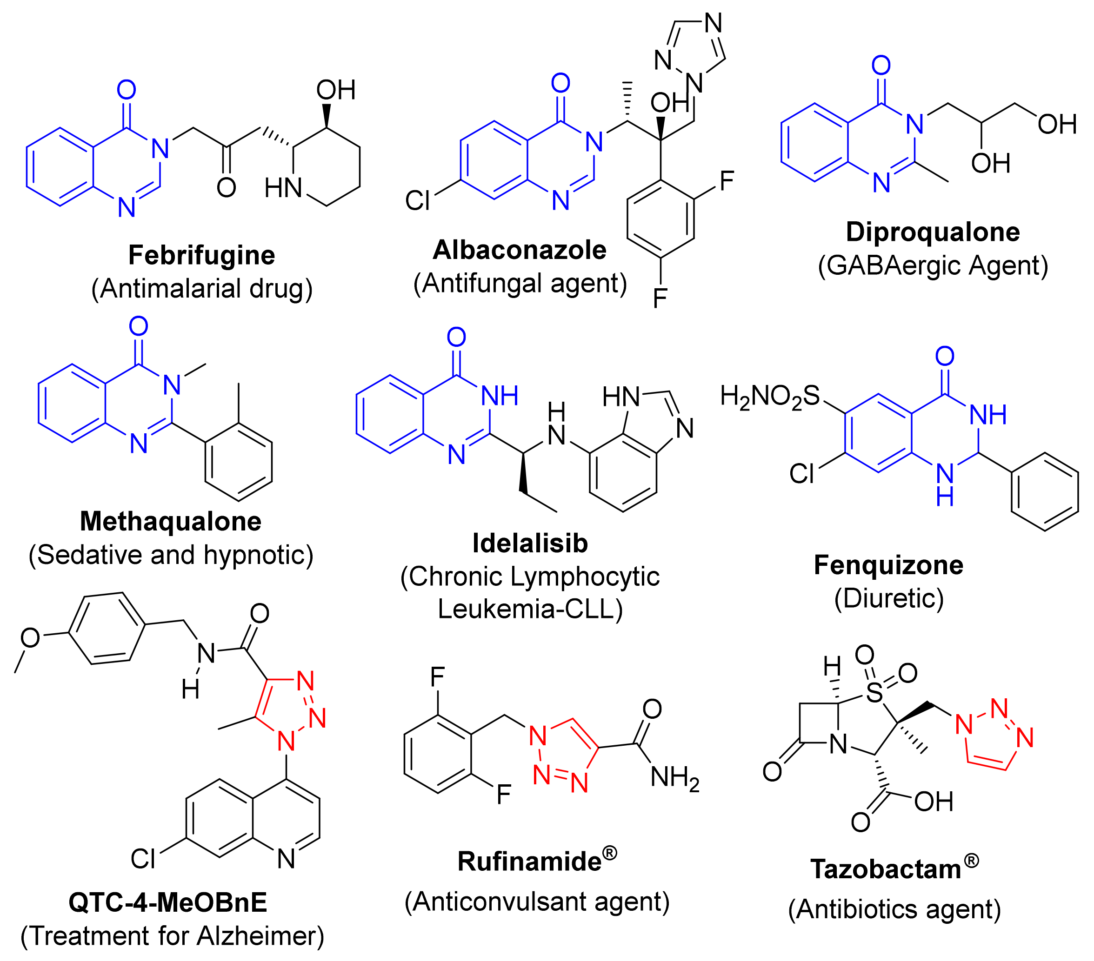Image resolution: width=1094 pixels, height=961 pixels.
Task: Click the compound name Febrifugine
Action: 201,255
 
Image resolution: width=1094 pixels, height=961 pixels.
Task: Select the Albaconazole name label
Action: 519,250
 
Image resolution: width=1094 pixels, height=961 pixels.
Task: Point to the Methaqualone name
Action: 170,521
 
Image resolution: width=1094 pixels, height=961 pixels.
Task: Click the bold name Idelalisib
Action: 530,543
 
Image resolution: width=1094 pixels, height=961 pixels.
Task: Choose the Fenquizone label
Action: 888,565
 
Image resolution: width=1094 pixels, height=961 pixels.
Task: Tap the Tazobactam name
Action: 886,869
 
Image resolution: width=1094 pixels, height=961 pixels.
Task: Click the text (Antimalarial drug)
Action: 202,289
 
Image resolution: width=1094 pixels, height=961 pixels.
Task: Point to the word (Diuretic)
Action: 888,598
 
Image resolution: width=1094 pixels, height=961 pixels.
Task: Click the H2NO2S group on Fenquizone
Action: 769,397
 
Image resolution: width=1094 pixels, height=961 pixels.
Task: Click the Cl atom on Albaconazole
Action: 418,201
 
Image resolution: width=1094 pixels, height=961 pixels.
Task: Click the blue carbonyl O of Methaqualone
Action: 139,326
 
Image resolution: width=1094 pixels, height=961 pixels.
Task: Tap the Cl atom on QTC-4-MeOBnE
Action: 143,859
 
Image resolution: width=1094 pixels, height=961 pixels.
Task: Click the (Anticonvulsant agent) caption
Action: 537,902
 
